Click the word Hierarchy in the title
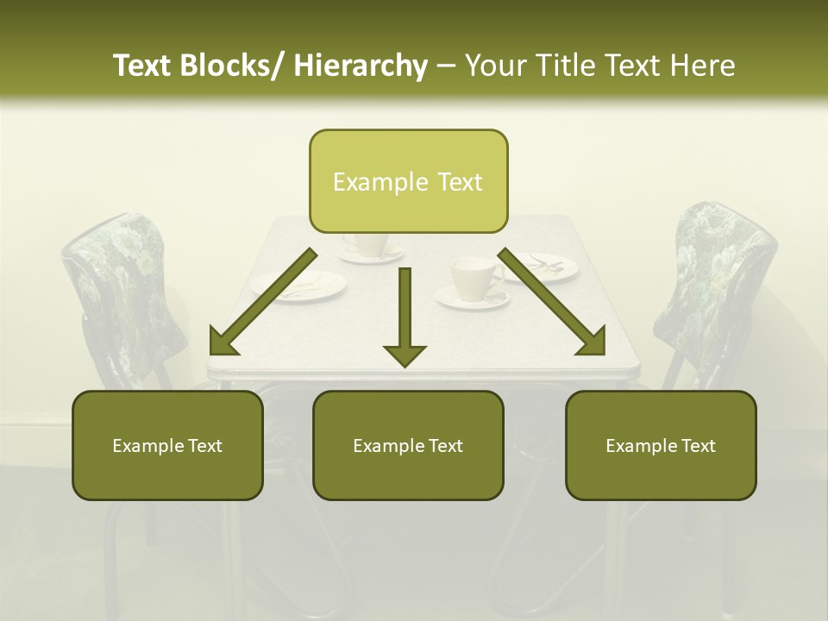(361, 66)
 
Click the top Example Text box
(408, 182)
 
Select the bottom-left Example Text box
(167, 446)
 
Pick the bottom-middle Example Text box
(408, 446)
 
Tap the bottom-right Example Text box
(661, 446)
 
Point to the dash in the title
(446, 66)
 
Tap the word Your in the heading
(494, 66)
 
